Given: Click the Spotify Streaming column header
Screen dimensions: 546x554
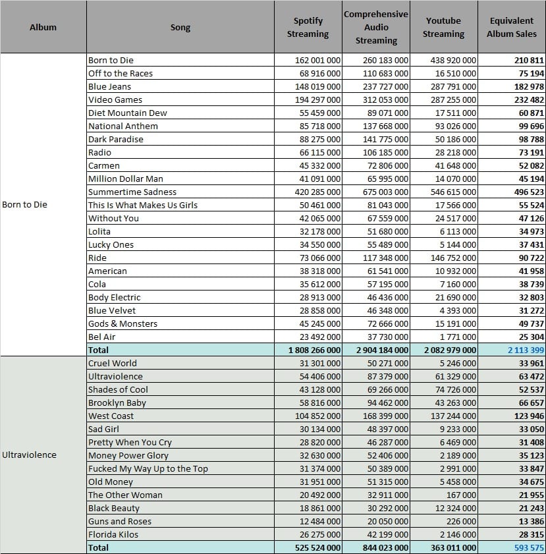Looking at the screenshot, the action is pos(308,27).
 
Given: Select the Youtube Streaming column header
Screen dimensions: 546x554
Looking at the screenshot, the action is pos(443,27).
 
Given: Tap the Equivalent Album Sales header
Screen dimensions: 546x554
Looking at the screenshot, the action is pos(511,27).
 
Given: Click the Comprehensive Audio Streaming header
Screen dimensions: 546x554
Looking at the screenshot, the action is pos(376,27).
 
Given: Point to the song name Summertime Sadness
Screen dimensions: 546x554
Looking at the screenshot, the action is pos(132,192).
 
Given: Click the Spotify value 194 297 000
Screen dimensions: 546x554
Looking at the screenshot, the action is pos(317,100).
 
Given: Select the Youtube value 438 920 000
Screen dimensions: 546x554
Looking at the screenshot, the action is pos(453,61).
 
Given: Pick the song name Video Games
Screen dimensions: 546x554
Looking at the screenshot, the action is pos(115,100).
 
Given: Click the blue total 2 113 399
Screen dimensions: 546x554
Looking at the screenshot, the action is pos(526,350).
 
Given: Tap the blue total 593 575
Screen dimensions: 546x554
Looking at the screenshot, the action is pos(529,547).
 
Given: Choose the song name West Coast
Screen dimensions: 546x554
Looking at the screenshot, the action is pos(111,416).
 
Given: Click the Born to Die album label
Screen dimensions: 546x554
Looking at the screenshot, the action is pos(24,205).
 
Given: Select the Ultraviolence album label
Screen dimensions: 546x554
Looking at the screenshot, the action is pos(29,455).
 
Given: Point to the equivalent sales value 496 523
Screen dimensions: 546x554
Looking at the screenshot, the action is pos(529,192).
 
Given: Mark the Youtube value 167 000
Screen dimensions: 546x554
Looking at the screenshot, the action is pos(461,495).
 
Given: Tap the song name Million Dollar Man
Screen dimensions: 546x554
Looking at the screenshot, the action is pos(125,179).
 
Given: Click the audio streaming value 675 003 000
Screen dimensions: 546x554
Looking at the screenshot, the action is pos(385,192).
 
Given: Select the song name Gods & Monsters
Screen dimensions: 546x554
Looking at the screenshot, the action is pos(123,323).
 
